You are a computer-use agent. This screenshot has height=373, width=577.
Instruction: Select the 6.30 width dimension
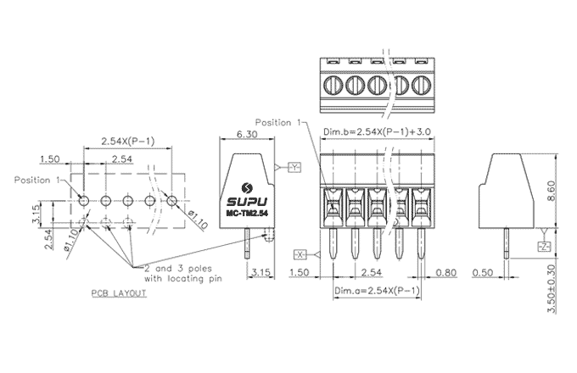click(x=247, y=134)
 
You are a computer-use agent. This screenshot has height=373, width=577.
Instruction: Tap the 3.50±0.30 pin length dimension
click(x=553, y=287)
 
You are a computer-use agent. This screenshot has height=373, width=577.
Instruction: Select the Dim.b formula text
click(x=379, y=132)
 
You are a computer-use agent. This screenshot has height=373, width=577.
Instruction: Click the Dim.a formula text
click(x=377, y=290)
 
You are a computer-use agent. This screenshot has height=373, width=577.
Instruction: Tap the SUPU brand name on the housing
click(x=248, y=203)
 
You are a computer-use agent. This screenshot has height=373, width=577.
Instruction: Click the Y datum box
click(x=294, y=166)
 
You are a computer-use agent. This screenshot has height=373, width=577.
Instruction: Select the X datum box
click(x=300, y=253)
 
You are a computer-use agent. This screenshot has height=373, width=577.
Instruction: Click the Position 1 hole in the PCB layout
click(x=83, y=200)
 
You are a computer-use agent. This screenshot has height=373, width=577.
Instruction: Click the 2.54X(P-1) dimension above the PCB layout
click(x=127, y=140)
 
